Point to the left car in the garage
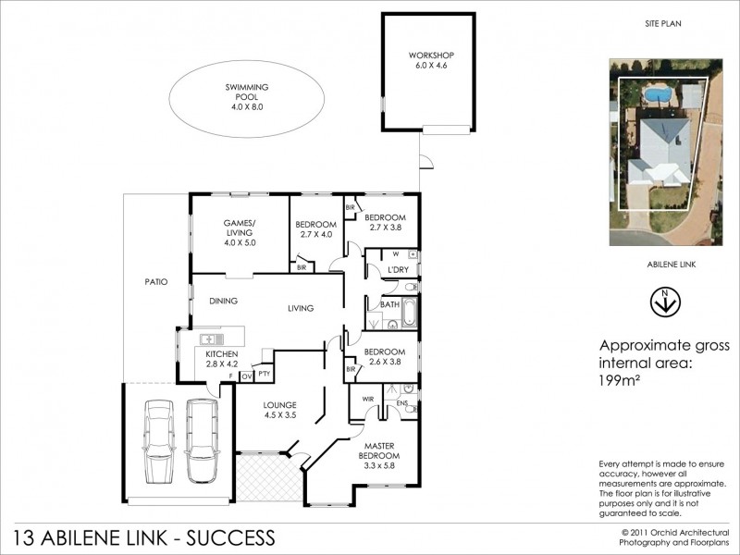(x=159, y=441)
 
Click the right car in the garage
(x=201, y=441)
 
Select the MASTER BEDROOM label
(x=379, y=450)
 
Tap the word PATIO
(x=155, y=281)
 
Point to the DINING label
(x=223, y=301)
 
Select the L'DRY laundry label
(x=398, y=270)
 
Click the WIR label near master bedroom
(x=366, y=400)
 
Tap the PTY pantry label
(x=264, y=374)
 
